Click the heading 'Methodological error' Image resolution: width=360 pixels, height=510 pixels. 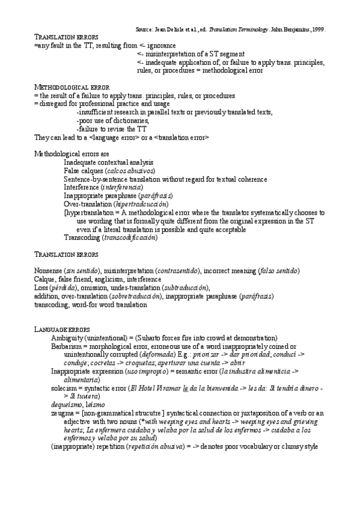coord(72,88)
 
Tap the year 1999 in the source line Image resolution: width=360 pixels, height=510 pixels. coord(318,28)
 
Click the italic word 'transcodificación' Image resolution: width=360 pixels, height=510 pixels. coord(130,238)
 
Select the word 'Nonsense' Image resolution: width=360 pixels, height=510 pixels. coord(49,271)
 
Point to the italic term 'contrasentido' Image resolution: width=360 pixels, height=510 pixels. coord(180,271)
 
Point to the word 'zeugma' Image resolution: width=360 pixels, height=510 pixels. coord(62,413)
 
